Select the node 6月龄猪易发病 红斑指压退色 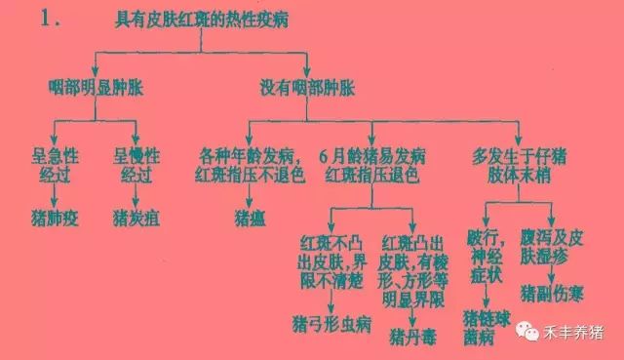[373, 164]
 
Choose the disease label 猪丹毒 [412, 337]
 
